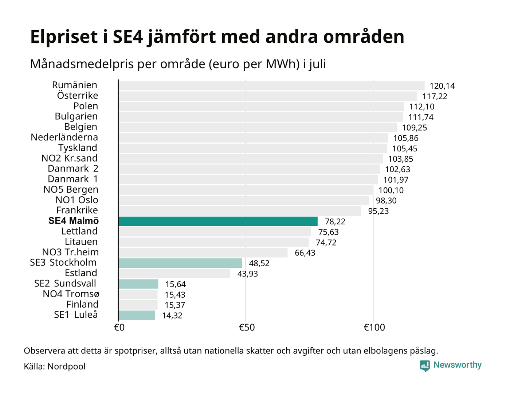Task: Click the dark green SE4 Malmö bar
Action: [x=218, y=221]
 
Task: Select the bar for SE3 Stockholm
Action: [x=180, y=263]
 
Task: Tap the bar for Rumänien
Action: [x=271, y=85]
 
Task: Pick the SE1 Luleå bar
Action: [x=137, y=315]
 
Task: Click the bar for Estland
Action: [x=174, y=274]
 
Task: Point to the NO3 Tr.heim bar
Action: [x=203, y=253]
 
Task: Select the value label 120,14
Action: [x=442, y=86]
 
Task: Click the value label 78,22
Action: [x=335, y=221]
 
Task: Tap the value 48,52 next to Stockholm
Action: [x=259, y=263]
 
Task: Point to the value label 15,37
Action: [x=175, y=305]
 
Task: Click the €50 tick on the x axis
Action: [x=247, y=328]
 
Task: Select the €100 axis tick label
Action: [x=374, y=328]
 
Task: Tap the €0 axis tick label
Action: [x=119, y=328]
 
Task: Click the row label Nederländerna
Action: [x=64, y=137]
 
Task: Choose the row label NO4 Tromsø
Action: [x=71, y=294]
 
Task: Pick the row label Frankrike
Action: [x=77, y=210]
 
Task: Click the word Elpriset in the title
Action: [x=64, y=37]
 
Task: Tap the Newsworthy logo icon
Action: [x=425, y=366]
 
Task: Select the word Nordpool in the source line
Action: [x=66, y=367]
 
